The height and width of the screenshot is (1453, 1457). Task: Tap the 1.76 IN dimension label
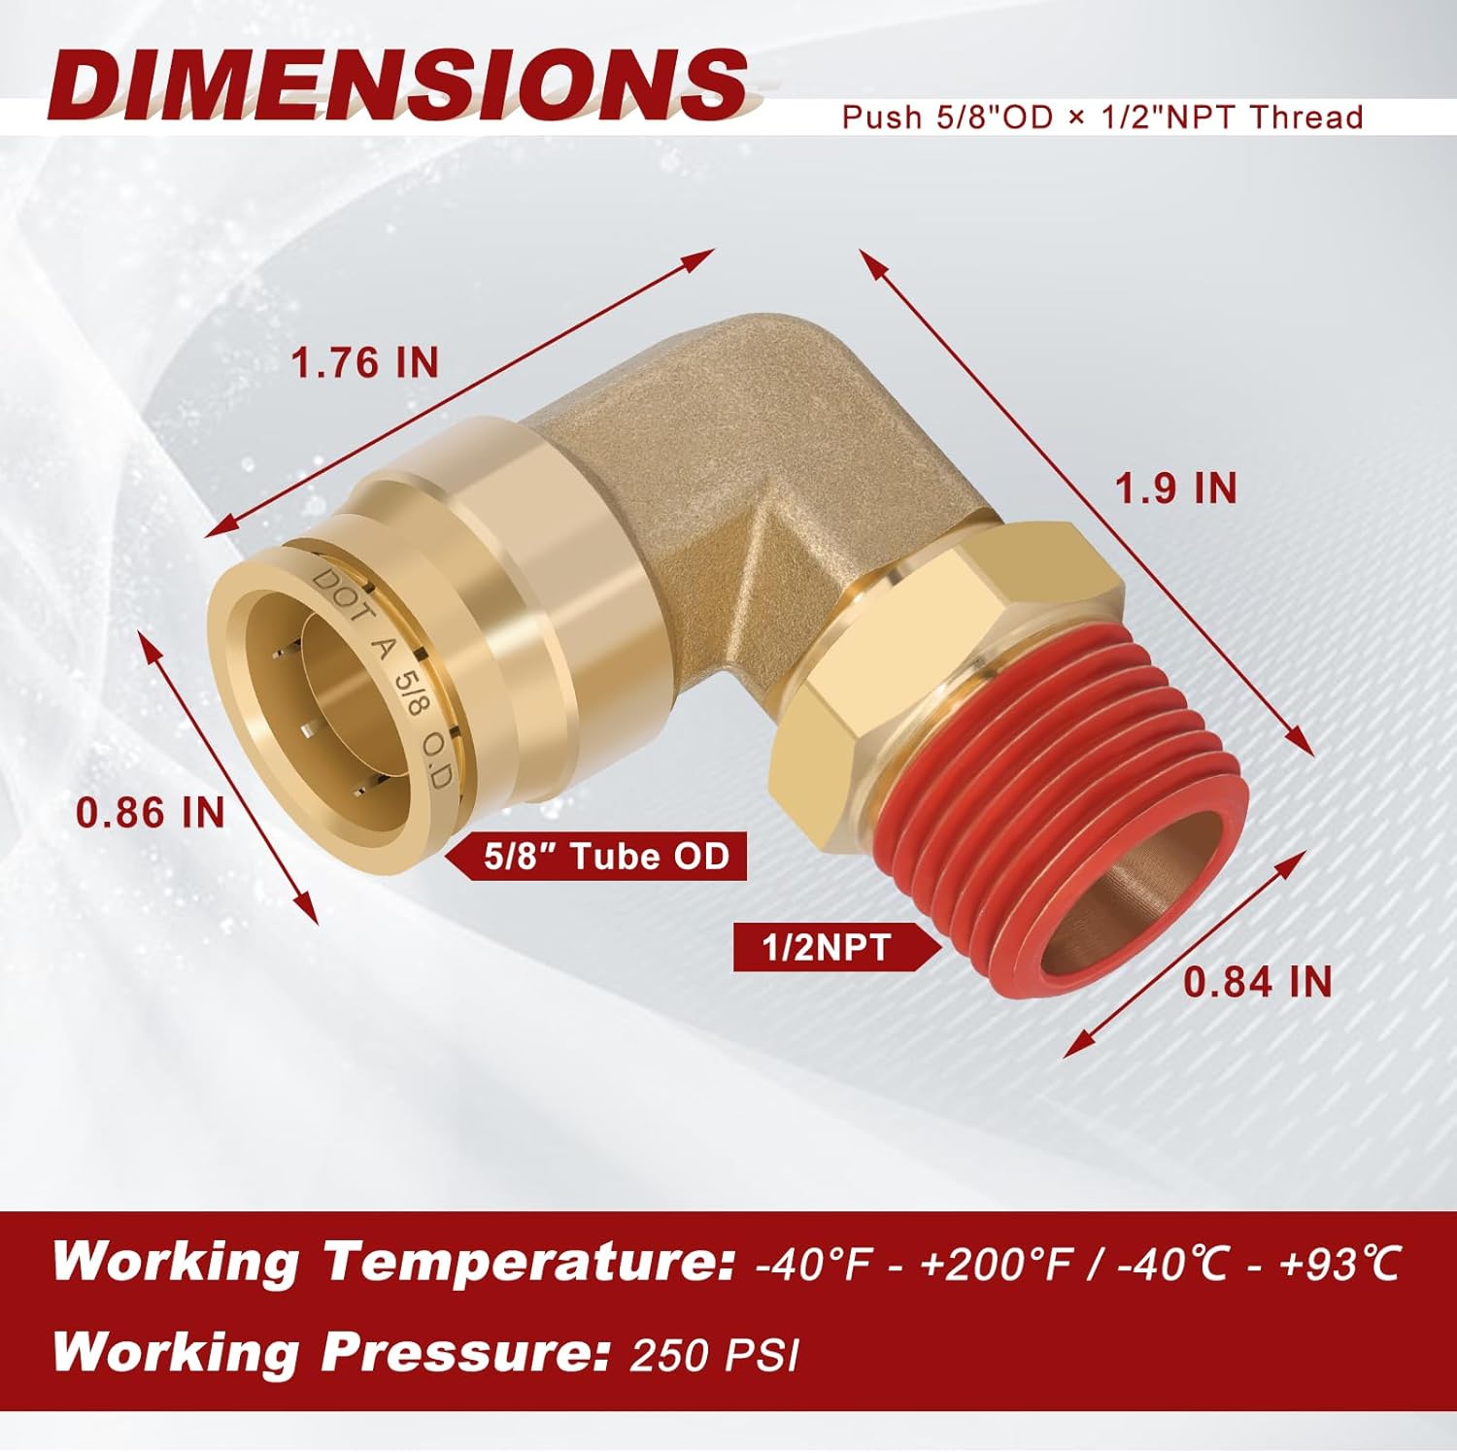click(365, 363)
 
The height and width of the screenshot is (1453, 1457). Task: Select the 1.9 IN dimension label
click(1175, 488)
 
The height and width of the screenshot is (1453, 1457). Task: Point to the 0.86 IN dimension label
click(151, 812)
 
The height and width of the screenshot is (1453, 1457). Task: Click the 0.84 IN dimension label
click(1257, 982)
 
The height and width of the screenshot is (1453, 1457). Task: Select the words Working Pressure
click(325, 1352)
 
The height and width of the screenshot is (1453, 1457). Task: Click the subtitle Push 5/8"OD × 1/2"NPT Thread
click(1101, 118)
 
